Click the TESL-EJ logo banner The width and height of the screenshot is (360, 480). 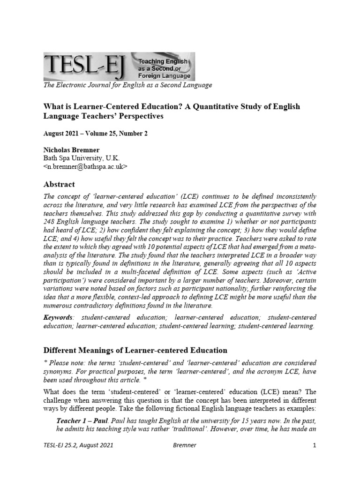pyautogui.click(x=119, y=67)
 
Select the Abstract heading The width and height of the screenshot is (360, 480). pyautogui.click(x=59, y=184)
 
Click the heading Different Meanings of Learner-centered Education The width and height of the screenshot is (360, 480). pyautogui.click(x=135, y=350)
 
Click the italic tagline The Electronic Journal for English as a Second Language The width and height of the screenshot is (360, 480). pyautogui.click(x=127, y=85)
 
